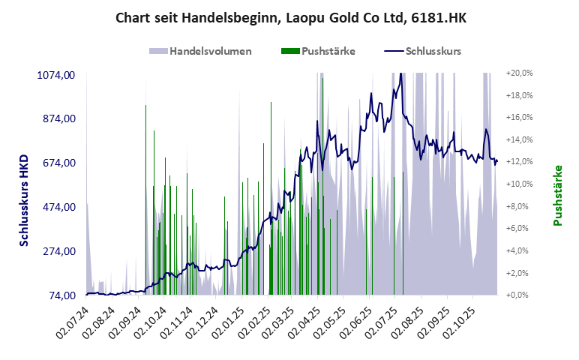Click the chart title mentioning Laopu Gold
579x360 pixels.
290,17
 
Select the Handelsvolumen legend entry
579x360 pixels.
200,51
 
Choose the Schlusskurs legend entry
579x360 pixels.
422,51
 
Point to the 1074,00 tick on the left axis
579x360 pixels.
56,74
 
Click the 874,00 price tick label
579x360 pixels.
59,118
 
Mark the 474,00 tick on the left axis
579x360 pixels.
59,207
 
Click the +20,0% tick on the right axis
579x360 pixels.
520,73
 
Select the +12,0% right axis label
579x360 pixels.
520,162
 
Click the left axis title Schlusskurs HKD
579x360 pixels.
25,200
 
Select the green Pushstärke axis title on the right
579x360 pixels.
558,195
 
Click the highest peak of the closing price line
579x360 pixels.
401,73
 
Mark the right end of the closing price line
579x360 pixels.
496,160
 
